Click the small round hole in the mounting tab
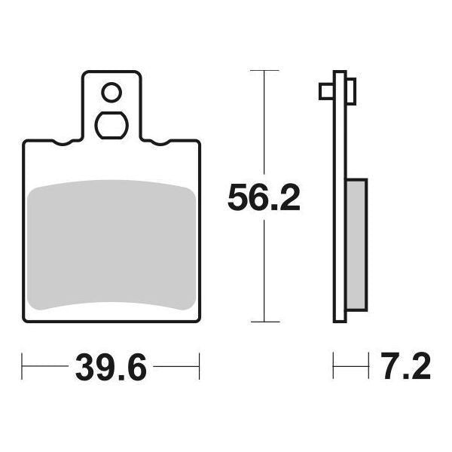[x=111, y=93]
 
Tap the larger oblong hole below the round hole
[x=111, y=125]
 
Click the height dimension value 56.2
[x=264, y=199]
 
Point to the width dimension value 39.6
[x=111, y=370]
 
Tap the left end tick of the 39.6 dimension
[x=23, y=370]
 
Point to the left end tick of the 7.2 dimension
[x=334, y=370]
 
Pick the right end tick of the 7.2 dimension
[x=366, y=370]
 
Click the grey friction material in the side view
[x=357, y=245]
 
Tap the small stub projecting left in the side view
[x=326, y=92]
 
